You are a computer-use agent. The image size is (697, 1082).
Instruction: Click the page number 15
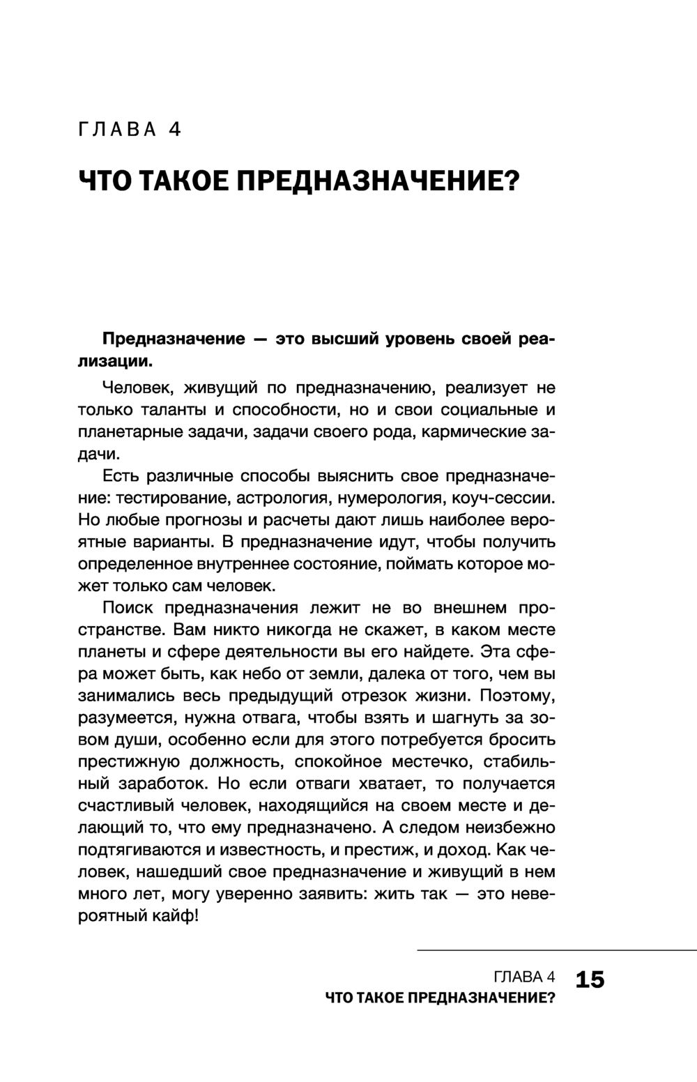click(x=590, y=980)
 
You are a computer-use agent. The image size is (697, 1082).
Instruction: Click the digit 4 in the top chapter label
click(x=175, y=130)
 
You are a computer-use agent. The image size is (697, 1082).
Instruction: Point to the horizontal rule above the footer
click(x=557, y=950)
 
